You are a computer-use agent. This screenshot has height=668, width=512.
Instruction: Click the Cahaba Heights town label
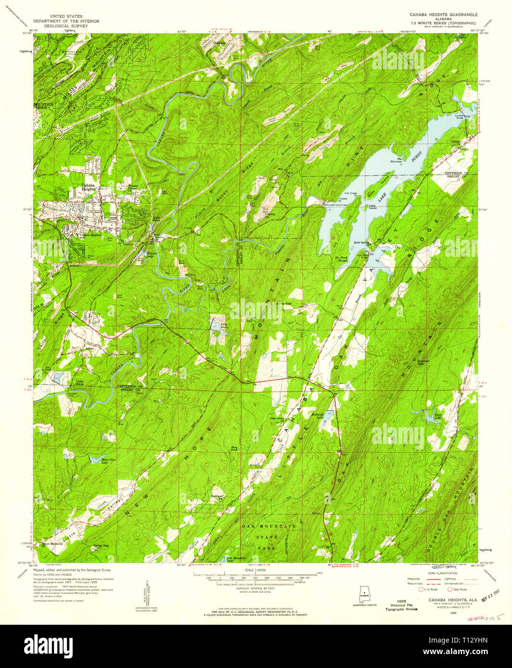pos(88,187)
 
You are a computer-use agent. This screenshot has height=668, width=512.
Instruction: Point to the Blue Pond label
pos(234,449)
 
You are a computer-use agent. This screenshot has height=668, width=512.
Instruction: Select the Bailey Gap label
pos(101,545)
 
